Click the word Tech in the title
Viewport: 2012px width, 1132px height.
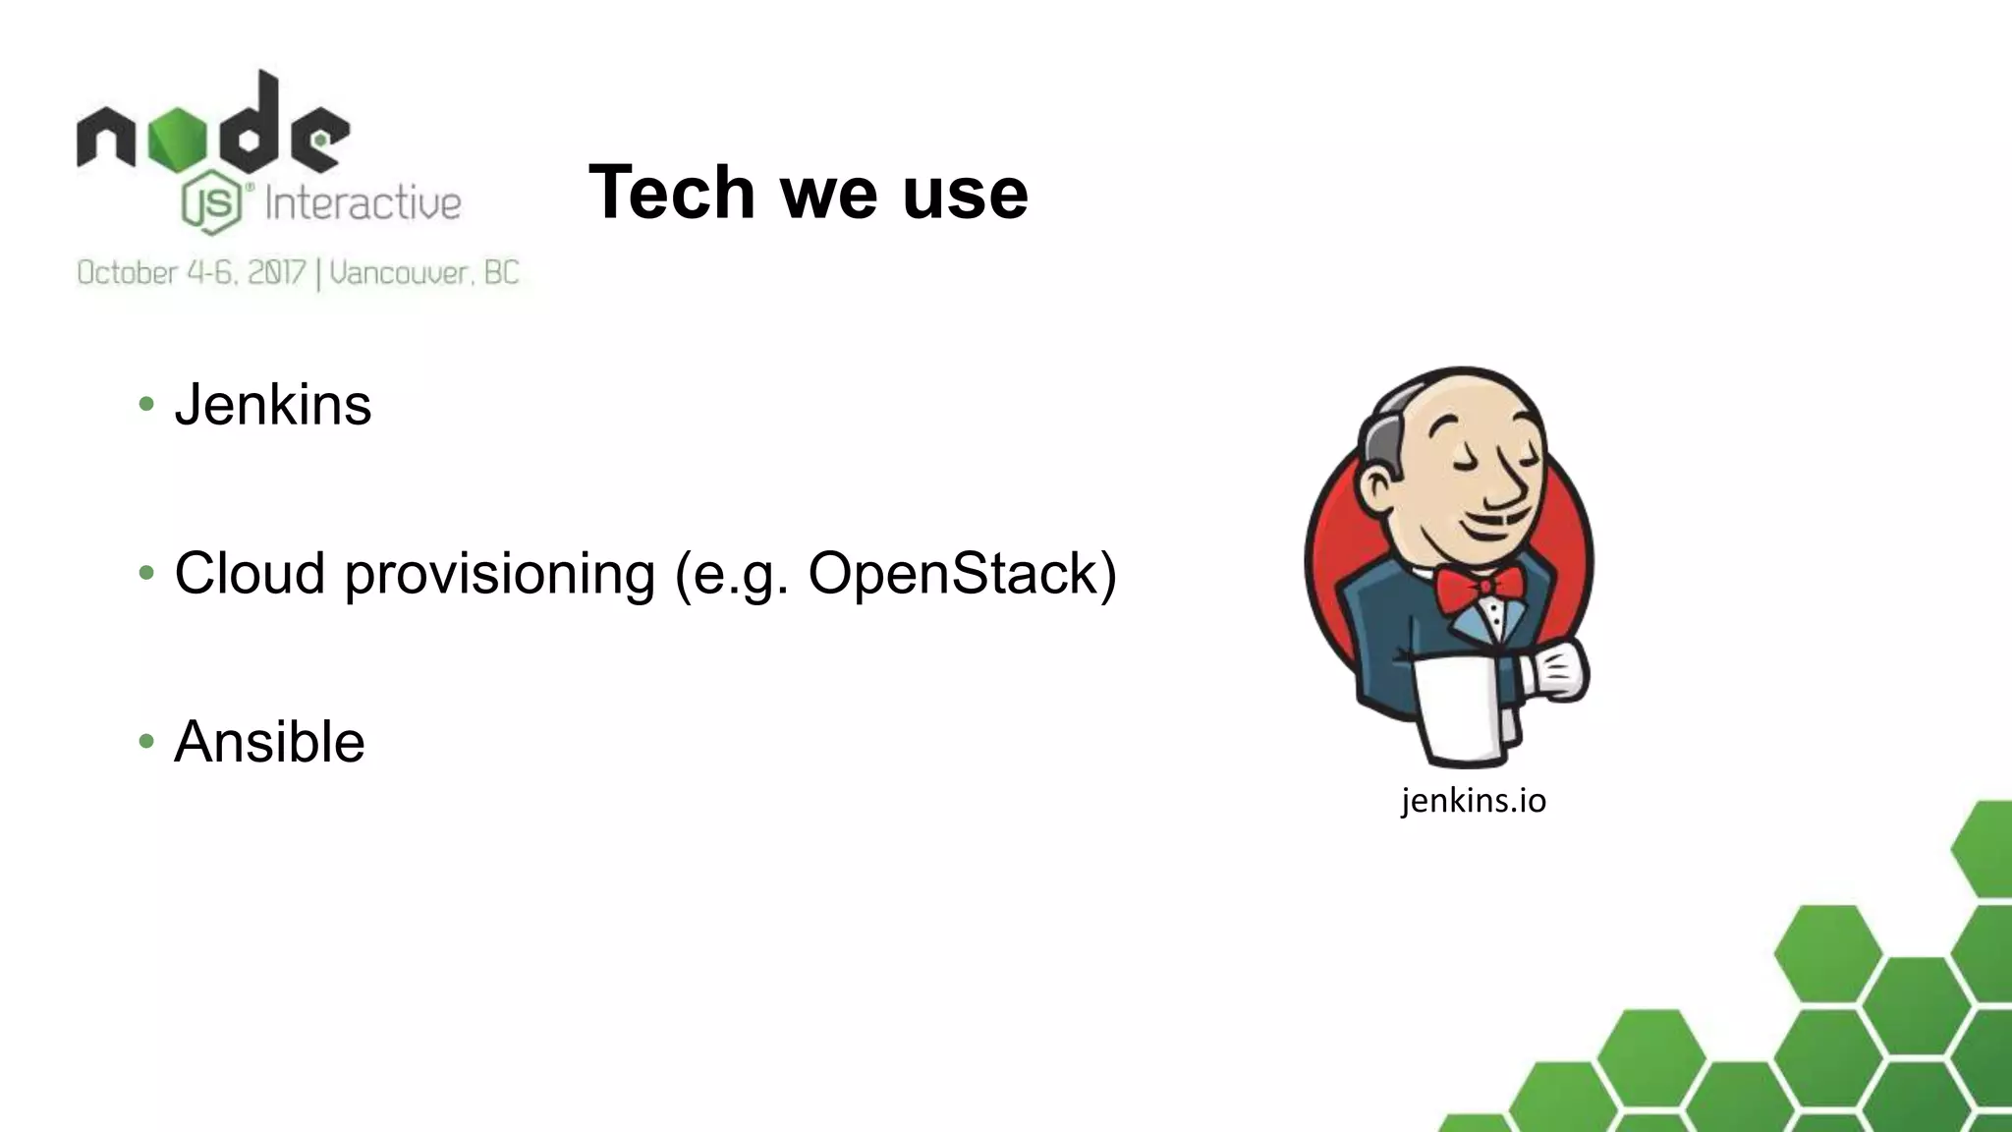coord(672,192)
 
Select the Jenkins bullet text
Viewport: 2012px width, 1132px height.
coord(272,405)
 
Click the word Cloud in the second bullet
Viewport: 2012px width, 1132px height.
coord(250,573)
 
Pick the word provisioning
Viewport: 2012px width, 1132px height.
coord(499,575)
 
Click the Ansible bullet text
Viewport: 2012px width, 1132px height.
coord(269,742)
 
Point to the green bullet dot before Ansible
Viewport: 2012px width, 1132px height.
coord(146,741)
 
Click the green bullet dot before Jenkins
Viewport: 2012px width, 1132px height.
coord(146,404)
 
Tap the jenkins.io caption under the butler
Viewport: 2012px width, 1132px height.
coord(1473,801)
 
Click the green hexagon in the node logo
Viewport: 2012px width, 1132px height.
coord(178,141)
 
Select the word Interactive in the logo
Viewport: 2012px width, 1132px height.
coord(363,203)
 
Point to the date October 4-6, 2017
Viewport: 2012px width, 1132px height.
coord(192,272)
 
